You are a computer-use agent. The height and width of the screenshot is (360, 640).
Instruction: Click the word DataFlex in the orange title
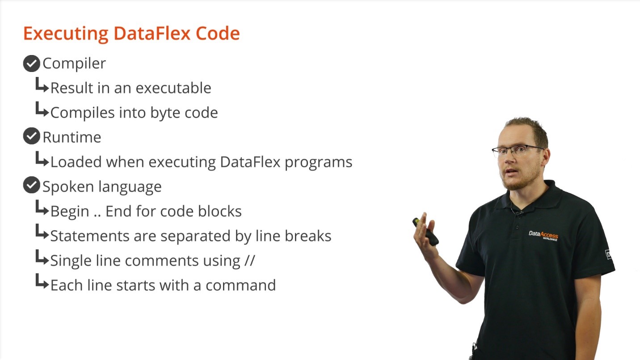152,33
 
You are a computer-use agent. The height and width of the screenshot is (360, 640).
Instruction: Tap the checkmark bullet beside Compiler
31,64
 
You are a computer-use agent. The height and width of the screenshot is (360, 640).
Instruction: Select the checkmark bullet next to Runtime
31,136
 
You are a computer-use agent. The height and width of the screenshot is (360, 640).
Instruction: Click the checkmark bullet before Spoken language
31,185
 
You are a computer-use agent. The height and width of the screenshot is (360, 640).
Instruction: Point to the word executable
173,88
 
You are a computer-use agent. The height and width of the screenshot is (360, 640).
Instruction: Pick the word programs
319,163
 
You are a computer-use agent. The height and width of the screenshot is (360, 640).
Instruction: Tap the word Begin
70,212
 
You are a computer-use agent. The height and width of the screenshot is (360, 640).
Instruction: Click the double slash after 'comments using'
250,260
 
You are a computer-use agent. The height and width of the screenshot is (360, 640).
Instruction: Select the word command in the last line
241,285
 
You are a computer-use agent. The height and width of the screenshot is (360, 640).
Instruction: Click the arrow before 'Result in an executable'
42,85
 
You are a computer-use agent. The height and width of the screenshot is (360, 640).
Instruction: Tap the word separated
195,236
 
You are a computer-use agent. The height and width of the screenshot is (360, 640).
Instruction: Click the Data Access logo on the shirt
543,235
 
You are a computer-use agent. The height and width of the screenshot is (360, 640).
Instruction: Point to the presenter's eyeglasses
517,150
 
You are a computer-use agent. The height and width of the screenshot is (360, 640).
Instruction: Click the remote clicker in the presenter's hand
425,232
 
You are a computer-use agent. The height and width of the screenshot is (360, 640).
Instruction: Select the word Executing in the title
66,34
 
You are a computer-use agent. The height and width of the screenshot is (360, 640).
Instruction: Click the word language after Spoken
131,187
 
